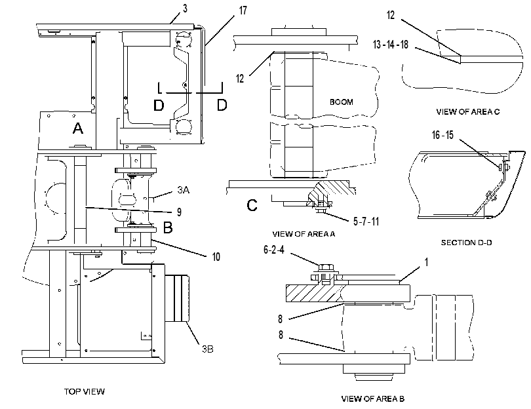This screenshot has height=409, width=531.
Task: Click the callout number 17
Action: coord(243,10)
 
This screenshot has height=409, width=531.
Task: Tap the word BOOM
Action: coord(342,102)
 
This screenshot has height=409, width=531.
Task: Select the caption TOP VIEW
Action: coord(85,391)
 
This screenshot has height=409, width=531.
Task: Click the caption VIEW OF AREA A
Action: coord(304,233)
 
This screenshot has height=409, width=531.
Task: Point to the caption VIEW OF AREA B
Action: coord(373,399)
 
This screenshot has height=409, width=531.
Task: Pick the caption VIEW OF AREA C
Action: coord(467,111)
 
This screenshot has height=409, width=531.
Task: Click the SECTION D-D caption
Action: coord(466,243)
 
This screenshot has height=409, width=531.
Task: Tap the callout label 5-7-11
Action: coord(366,222)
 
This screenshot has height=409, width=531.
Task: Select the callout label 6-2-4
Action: coord(274,250)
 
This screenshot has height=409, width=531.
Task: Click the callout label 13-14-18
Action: coord(391,45)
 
